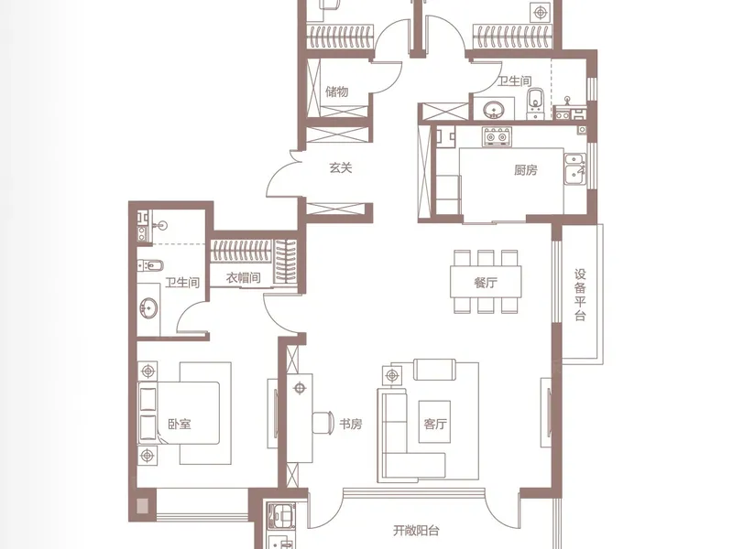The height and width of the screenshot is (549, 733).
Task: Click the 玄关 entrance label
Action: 340,167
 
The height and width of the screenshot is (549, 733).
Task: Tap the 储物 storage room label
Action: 337,91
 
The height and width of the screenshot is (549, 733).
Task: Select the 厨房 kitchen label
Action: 525,170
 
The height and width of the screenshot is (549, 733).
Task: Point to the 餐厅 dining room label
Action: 486,283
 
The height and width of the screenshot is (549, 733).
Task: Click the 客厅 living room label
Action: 434,424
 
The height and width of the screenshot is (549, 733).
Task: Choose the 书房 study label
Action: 351,424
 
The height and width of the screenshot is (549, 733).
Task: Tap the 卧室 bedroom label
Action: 180,424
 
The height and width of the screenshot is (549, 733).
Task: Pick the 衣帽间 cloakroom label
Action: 243,278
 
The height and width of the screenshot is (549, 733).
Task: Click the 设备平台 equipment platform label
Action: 580,295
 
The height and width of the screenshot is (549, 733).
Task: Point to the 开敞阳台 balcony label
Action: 416,531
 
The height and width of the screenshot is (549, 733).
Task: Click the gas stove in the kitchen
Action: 498,136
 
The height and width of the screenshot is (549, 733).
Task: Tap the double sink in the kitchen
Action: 574,168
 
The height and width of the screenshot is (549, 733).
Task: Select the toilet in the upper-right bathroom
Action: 535,103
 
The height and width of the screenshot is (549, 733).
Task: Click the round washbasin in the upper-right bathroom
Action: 493,111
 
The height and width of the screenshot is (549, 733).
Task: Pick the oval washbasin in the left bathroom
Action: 148,308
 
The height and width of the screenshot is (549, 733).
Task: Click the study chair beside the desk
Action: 323,423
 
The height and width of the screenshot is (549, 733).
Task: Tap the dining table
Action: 486,282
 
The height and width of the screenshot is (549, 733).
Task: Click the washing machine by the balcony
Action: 279,516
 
